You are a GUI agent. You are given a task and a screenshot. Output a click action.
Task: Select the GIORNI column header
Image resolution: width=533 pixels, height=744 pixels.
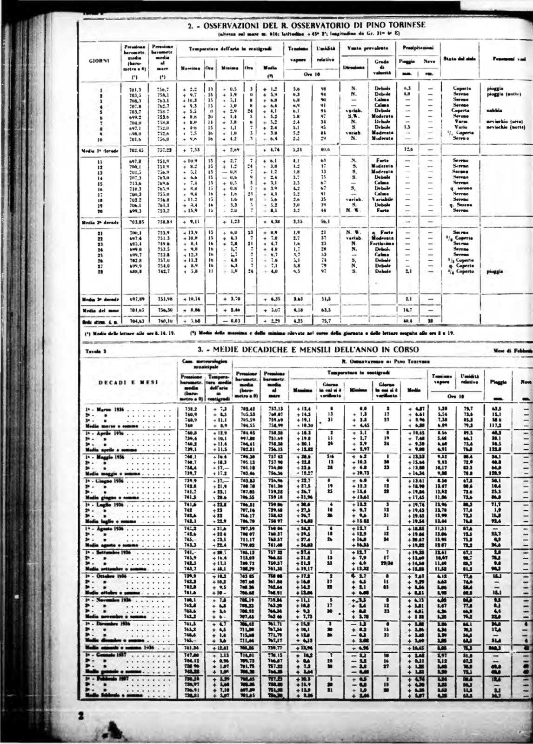[100, 60]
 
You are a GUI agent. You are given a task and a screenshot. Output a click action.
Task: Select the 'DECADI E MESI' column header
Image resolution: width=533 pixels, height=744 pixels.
[129, 382]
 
